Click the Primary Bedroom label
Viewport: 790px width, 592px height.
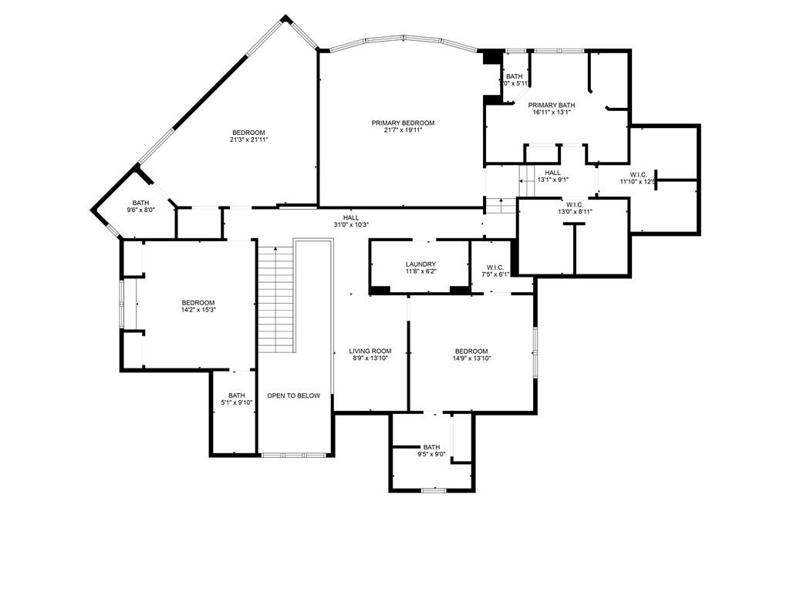click(403, 123)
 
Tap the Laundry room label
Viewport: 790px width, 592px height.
click(420, 264)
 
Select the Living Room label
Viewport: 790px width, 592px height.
click(370, 351)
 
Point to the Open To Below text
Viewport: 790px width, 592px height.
click(293, 395)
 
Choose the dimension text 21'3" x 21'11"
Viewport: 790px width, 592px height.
click(248, 140)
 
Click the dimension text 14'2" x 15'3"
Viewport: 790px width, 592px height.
click(198, 310)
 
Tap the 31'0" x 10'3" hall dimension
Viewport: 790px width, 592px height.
click(351, 225)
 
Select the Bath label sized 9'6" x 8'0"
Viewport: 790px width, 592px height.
click(140, 203)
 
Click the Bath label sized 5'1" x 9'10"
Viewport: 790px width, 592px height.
click(236, 395)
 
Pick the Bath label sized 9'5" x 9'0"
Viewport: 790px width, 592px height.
click(431, 447)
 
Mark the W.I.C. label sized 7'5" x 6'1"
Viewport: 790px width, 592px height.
click(495, 267)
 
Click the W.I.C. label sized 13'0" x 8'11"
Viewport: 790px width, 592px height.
click(575, 204)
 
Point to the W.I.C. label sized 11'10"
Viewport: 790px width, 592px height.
click(638, 174)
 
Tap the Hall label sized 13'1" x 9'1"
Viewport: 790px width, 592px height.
click(552, 173)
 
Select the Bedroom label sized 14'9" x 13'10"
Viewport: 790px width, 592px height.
click(471, 351)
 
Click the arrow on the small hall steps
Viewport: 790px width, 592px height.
click(501, 203)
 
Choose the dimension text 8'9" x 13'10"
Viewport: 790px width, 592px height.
click(370, 358)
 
